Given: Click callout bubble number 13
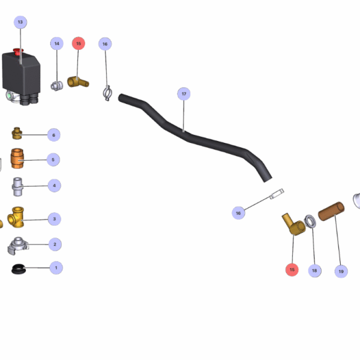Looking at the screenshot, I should click(x=20, y=22).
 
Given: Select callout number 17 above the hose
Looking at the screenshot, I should click(x=184, y=94).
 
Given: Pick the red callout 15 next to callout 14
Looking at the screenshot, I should click(x=78, y=43).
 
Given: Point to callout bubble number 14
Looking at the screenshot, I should click(x=56, y=43).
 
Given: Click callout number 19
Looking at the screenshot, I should click(x=341, y=271).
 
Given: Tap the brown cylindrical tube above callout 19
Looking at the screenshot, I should click(x=331, y=212).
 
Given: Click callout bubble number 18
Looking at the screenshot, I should click(x=314, y=271).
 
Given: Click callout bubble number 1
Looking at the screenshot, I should click(x=56, y=268).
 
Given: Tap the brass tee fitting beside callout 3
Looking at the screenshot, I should click(x=19, y=218).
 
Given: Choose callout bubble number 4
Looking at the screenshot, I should click(x=54, y=185).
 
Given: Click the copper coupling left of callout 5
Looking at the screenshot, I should click(x=18, y=160).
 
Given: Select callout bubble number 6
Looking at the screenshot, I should click(x=53, y=135).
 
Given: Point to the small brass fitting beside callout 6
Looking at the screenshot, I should click(x=17, y=133).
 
